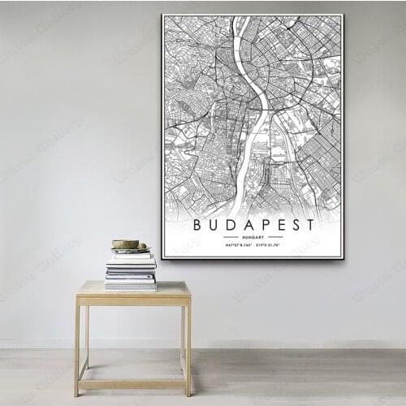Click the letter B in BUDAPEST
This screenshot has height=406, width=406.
tap(198, 224)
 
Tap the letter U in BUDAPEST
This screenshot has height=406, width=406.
tap(214, 224)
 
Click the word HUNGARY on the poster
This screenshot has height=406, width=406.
tap(253, 236)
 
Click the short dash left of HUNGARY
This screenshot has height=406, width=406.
tap(231, 236)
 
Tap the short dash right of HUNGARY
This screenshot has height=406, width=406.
tap(275, 236)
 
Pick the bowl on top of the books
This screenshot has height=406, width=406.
tap(126, 244)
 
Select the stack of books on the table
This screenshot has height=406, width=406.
tap(130, 270)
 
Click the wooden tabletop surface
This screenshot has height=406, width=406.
tap(134, 288)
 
